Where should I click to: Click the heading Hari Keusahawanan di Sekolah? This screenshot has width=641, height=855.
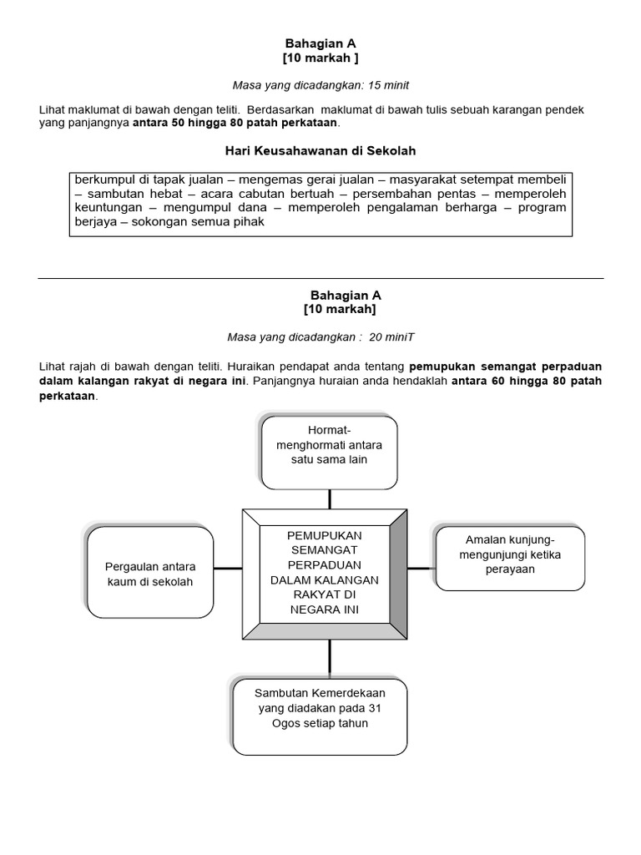click(320, 151)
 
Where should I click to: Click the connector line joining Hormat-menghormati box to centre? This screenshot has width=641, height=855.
click(330, 498)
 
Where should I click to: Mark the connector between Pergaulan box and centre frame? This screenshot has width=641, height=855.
click(228, 569)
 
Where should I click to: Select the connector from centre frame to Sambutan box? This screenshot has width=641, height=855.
click(330, 660)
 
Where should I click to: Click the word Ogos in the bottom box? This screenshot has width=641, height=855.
click(288, 723)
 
